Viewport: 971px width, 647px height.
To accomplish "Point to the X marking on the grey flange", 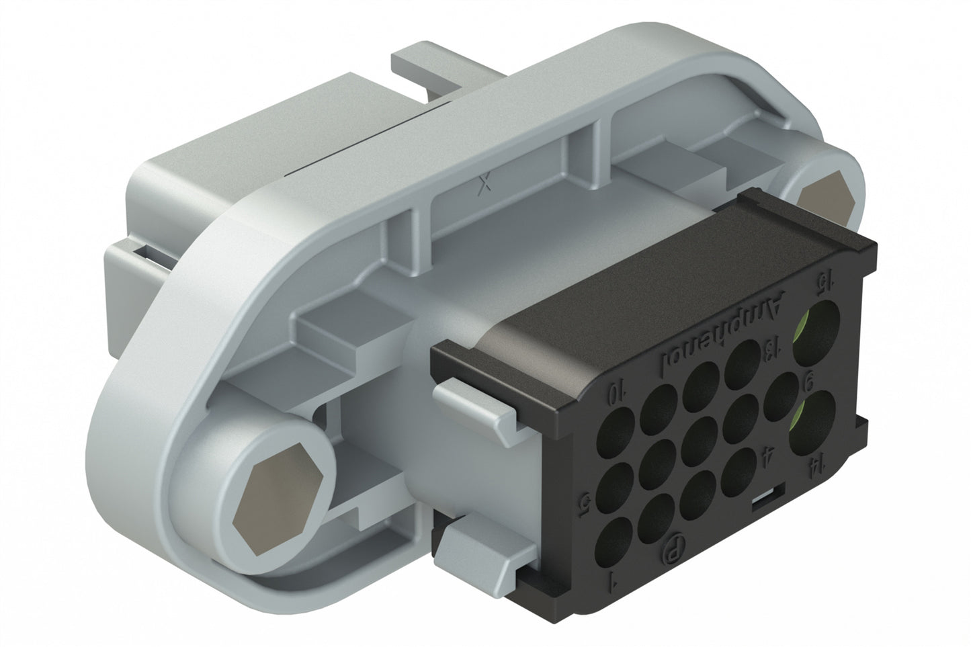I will (482, 185).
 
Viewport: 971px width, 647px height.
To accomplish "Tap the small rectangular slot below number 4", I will (763, 497).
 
